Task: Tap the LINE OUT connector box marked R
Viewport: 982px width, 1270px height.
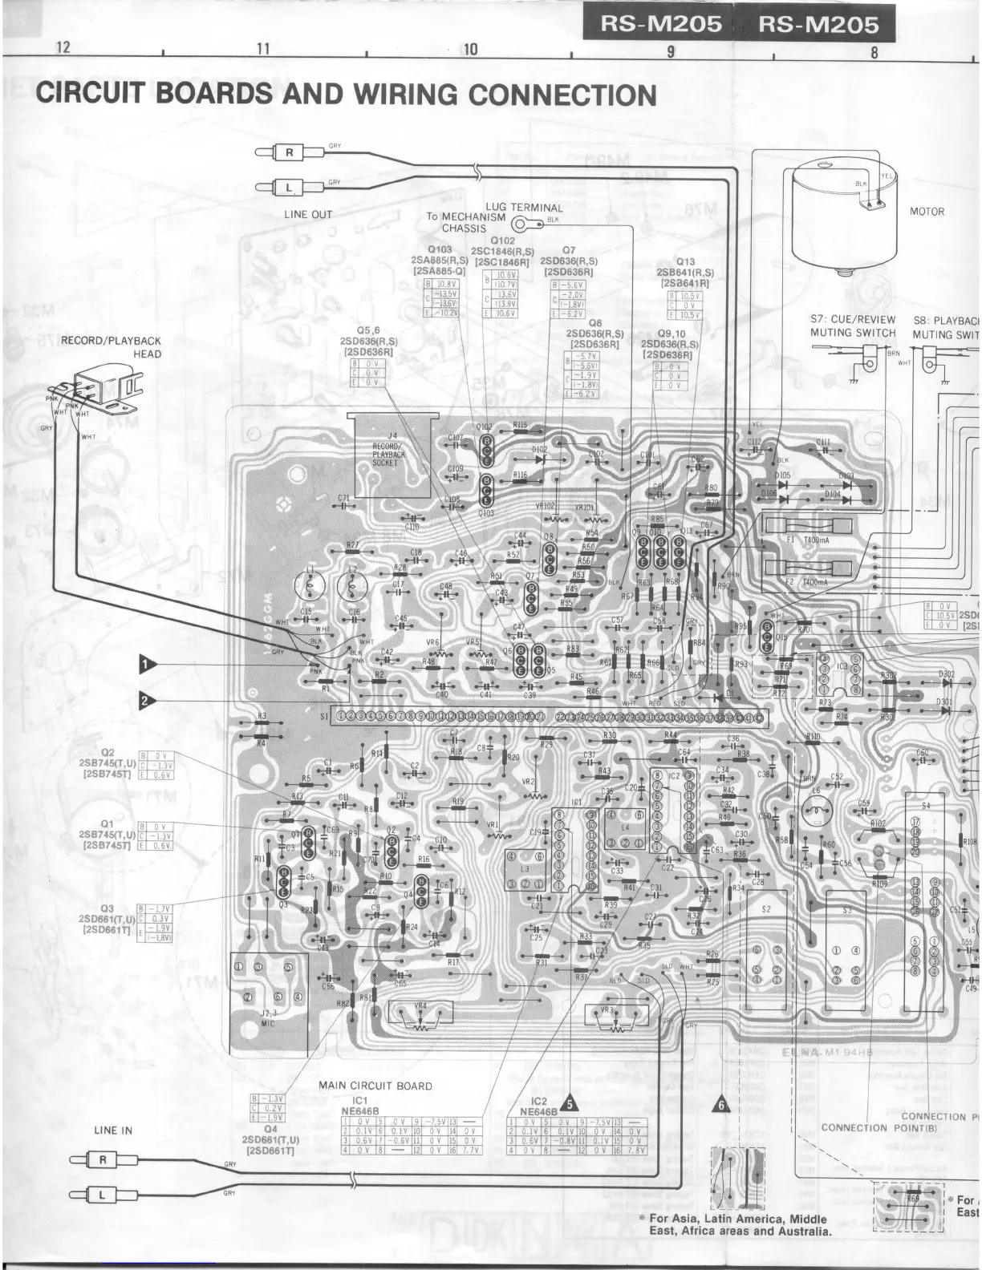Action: click(290, 152)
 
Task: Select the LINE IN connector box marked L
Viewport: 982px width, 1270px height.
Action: click(102, 1194)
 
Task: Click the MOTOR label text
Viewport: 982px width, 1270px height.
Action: click(927, 212)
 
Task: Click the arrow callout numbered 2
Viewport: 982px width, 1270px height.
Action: click(146, 700)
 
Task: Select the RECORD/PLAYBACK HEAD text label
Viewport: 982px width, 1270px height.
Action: click(112, 347)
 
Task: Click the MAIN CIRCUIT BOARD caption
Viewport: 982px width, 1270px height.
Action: click(375, 1086)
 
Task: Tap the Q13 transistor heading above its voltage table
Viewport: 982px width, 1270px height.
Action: click(685, 262)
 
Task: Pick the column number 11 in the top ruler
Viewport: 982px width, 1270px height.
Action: click(262, 49)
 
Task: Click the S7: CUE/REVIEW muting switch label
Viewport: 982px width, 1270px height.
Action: click(852, 326)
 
